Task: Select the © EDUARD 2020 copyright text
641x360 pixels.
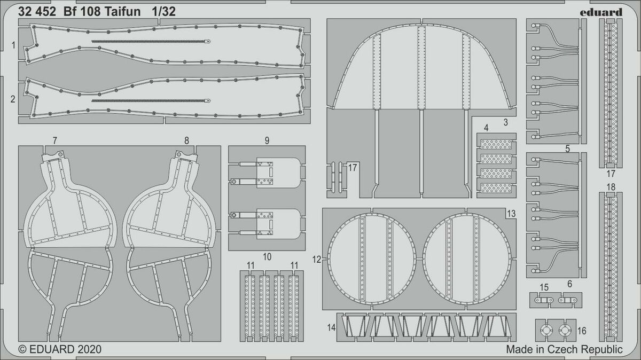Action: click(60, 349)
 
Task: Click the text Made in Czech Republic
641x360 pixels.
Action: click(564, 349)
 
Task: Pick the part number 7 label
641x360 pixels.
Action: click(55, 141)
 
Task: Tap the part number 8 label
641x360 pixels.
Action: click(186, 141)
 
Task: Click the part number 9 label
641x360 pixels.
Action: click(266, 141)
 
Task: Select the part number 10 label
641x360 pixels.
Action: click(267, 257)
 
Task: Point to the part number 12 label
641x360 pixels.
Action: click(317, 260)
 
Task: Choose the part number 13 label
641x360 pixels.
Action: click(511, 214)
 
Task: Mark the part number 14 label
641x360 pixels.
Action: click(332, 326)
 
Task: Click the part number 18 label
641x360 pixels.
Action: click(611, 187)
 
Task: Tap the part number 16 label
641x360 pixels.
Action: click(582, 331)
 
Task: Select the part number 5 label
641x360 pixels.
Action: click(568, 148)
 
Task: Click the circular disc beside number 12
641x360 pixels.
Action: click(372, 260)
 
